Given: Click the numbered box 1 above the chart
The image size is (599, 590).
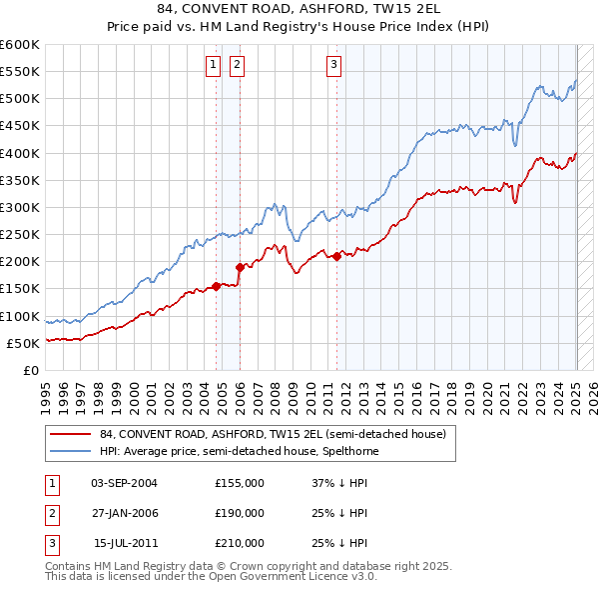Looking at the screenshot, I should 214,66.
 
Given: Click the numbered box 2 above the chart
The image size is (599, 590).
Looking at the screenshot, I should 237,66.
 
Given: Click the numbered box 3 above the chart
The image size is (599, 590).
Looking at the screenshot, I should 333,66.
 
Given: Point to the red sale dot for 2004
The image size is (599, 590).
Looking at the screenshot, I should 216,286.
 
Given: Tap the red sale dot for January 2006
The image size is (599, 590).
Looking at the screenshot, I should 240,267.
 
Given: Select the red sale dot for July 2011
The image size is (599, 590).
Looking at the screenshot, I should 336,256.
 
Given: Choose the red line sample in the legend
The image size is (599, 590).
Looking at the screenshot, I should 71,434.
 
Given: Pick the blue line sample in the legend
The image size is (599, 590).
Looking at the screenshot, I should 71,451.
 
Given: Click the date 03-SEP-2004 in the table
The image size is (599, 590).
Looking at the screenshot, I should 124,483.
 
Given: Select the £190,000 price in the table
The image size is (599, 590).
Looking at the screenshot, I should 240,513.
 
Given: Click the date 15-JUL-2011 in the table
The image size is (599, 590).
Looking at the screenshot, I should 124,543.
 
